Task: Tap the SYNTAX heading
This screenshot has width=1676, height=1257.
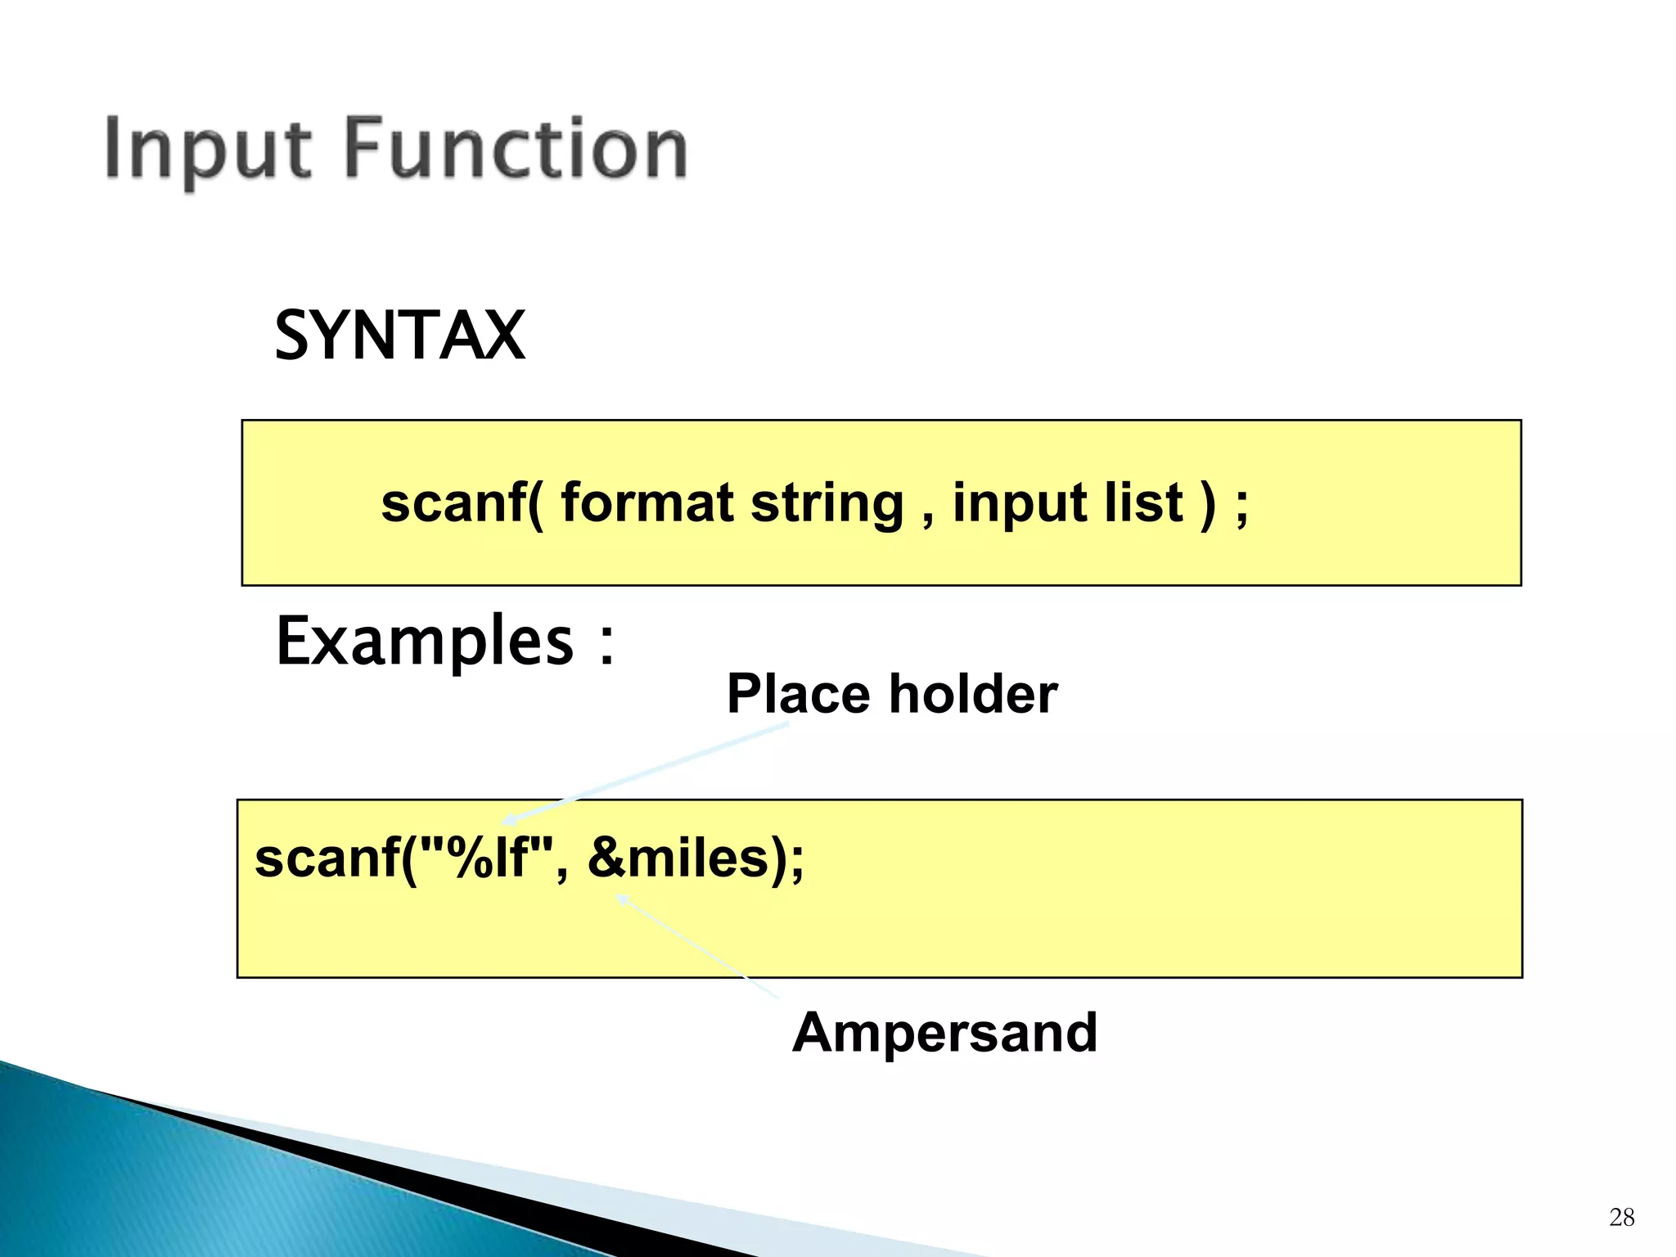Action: coord(399,336)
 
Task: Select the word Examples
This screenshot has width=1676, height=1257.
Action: coord(425,642)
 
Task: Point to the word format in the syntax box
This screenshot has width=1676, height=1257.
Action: coord(647,502)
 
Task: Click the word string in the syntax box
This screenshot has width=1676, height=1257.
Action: coord(827,504)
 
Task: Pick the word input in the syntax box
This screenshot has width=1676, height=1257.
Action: coord(1017,504)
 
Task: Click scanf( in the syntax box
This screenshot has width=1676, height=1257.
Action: coord(462,502)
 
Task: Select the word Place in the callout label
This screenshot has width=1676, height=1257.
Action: coord(798,695)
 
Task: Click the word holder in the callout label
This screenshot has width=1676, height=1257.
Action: coord(973,693)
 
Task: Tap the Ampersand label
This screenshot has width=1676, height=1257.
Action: coord(944,1033)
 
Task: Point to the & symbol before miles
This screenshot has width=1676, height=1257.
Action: coord(606,858)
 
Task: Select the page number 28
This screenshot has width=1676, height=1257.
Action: coord(1621,1217)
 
